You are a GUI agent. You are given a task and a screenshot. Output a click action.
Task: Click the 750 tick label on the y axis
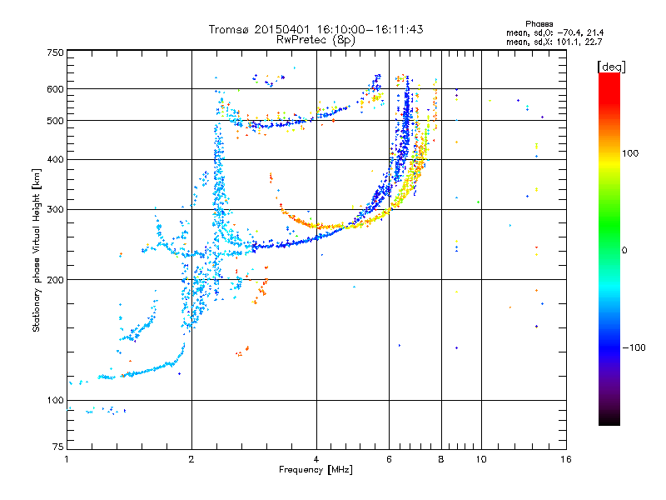point(56,52)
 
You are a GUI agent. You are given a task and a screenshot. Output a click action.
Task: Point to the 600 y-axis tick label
point(56,89)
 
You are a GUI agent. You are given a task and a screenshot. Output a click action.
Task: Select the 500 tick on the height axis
point(56,121)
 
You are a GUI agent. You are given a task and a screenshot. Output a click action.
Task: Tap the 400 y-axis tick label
point(56,160)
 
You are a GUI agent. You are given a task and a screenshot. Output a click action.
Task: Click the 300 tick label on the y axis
point(56,210)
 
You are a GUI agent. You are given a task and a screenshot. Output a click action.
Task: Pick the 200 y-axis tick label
point(56,280)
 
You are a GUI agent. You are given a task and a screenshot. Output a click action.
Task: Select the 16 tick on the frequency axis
point(565,458)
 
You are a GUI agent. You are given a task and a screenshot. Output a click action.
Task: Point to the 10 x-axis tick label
point(480,458)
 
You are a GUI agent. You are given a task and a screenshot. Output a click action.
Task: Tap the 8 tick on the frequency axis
point(440,458)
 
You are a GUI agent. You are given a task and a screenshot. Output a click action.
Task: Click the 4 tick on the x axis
point(316,458)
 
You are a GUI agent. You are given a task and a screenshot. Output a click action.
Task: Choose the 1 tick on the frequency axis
point(67,458)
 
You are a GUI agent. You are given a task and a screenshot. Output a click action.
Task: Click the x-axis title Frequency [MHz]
point(316,470)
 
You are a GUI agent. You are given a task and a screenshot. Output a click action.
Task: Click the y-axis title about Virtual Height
point(37,250)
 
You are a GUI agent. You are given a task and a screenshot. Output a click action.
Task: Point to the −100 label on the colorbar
point(634,347)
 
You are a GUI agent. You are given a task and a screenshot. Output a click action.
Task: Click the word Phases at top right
point(539,23)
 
